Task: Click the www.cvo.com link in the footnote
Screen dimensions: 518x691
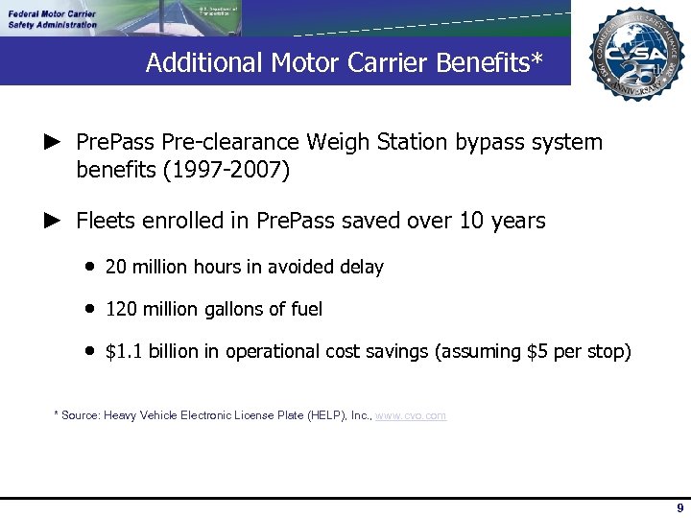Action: point(411,415)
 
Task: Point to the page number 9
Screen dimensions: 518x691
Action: point(679,508)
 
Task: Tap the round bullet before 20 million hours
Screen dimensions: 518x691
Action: point(88,267)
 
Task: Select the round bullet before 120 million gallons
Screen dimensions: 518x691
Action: point(88,309)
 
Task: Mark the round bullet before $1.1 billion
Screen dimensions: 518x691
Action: point(88,351)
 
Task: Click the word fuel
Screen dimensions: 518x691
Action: point(306,309)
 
